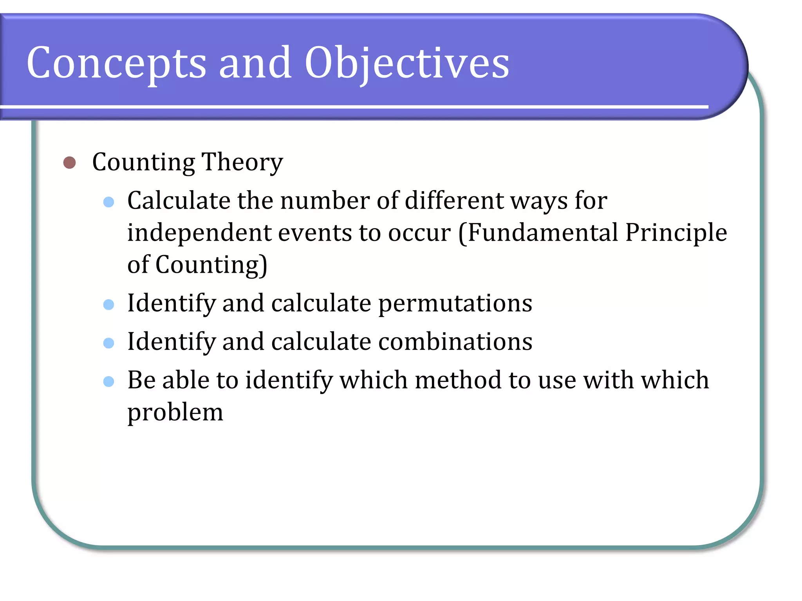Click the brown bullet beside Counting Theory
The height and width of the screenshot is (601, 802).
[x=69, y=162]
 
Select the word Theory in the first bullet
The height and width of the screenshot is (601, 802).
[x=242, y=162]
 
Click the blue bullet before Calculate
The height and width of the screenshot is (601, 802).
[x=108, y=202]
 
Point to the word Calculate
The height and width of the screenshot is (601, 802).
[x=179, y=201]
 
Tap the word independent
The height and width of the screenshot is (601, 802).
[x=199, y=233]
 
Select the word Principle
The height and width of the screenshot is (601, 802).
[x=676, y=233]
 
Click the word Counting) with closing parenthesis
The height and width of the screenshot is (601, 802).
[x=211, y=265]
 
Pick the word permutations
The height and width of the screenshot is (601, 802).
[x=455, y=304]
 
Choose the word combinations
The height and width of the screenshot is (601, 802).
[x=455, y=342]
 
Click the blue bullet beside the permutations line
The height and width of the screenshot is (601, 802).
[x=108, y=304]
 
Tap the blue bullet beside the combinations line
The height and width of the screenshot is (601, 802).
[x=108, y=343]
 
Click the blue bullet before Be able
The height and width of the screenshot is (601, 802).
[x=108, y=381]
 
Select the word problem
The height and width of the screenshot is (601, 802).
[x=175, y=413]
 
